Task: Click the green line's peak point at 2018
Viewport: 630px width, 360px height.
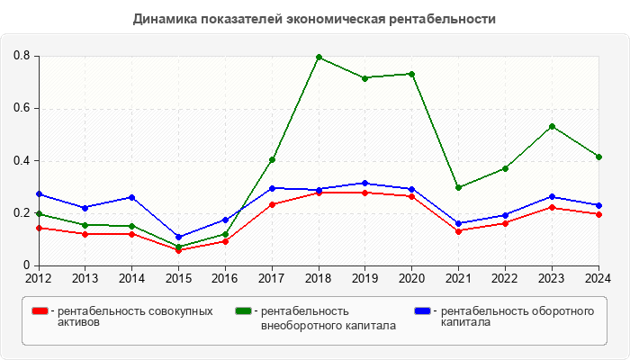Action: (319, 58)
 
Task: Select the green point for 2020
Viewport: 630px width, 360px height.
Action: (412, 74)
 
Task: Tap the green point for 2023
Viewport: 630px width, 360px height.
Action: (552, 126)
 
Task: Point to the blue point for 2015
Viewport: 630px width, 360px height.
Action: (178, 237)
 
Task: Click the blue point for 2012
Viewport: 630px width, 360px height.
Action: (39, 193)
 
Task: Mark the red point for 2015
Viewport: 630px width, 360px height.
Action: (178, 250)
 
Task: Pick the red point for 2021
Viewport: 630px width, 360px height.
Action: (459, 231)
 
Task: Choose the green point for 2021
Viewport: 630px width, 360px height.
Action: (459, 187)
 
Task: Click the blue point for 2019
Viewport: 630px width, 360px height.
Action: (365, 184)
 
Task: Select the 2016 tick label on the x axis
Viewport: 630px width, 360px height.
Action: (225, 277)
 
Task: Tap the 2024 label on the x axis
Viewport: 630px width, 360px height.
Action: (598, 277)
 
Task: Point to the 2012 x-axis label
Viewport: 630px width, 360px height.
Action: (39, 277)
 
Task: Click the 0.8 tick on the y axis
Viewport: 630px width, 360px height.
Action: (22, 56)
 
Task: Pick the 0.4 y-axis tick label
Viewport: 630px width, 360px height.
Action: (22, 161)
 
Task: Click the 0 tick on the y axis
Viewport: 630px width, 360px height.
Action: (27, 265)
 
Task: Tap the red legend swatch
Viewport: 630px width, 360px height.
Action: (40, 311)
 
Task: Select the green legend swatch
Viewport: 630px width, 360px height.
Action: (242, 311)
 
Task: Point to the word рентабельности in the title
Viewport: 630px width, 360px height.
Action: (448, 18)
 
